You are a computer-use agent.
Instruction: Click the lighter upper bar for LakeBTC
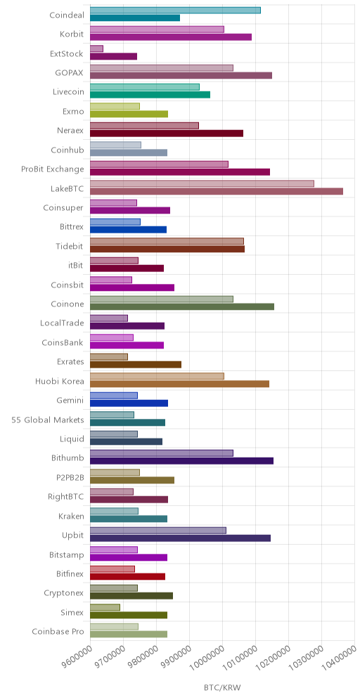(x=202, y=183)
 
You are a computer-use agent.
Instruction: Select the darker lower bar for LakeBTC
(x=217, y=191)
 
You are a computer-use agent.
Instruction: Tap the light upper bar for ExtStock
(x=96, y=48)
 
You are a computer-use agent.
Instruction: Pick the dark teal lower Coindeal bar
(x=135, y=18)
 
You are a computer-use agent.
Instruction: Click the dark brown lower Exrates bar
(x=136, y=364)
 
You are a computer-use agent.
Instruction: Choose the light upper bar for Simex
(x=105, y=607)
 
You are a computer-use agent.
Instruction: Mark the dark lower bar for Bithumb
(x=182, y=461)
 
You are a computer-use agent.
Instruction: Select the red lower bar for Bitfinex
(x=128, y=576)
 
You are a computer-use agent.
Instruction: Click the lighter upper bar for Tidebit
(x=167, y=242)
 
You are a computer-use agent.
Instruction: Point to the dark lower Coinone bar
(x=182, y=306)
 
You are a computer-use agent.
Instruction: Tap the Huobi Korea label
(x=59, y=381)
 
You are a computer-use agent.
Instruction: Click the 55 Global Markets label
(x=47, y=420)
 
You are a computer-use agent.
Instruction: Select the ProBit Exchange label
(x=52, y=169)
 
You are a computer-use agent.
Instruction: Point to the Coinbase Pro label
(x=58, y=632)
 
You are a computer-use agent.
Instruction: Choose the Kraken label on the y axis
(x=71, y=516)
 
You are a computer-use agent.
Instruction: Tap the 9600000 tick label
(x=77, y=659)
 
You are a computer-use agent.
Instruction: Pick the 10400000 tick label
(x=342, y=659)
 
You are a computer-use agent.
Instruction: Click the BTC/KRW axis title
(x=222, y=687)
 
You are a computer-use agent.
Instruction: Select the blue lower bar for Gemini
(x=129, y=403)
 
